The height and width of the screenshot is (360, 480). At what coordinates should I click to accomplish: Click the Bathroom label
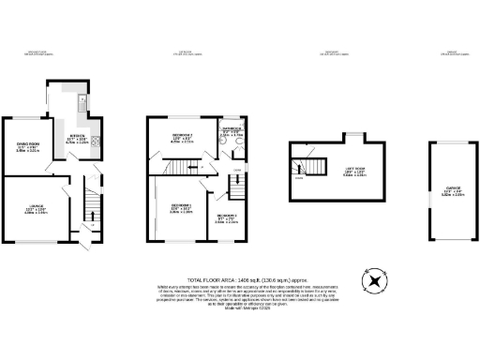(232, 131)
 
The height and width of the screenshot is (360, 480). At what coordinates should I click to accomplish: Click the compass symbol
(376, 280)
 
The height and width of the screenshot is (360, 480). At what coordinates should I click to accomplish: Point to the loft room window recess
(353, 138)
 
